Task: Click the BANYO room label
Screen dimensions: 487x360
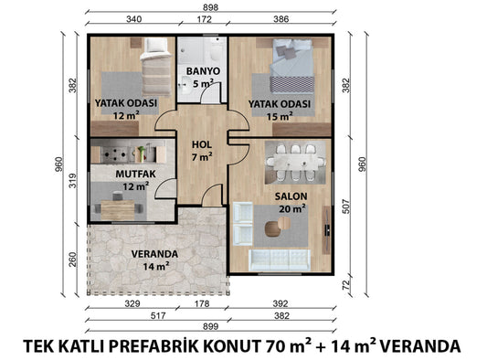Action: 203,71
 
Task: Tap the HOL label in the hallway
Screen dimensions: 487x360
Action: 202,144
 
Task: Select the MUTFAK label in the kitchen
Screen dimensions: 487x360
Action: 136,174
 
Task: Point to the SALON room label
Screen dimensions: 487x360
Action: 291,196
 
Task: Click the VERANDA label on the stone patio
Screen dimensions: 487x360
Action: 154,254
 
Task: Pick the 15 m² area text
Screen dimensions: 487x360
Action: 280,116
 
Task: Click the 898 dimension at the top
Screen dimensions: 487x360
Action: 210,7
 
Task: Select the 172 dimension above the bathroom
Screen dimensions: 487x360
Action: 205,19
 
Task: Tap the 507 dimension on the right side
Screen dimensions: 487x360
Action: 345,206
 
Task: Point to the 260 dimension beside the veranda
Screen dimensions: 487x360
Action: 72,259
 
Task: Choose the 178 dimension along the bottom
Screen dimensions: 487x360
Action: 202,303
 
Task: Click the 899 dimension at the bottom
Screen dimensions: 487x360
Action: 210,326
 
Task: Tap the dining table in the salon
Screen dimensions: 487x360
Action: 295,163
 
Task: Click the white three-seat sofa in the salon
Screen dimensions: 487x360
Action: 280,259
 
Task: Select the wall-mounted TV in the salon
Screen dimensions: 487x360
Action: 327,229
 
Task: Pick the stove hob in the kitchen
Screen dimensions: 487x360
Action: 115,154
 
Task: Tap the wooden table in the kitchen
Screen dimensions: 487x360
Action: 118,209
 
